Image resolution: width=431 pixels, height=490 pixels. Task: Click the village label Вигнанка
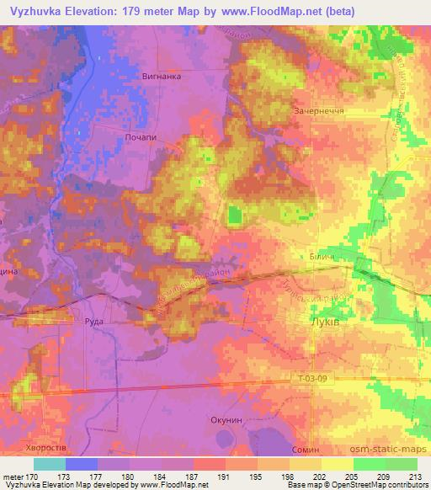pos(162,75)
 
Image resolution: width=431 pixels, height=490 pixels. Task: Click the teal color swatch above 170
pos(49,464)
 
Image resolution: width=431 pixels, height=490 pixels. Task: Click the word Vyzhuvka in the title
pos(36,11)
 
